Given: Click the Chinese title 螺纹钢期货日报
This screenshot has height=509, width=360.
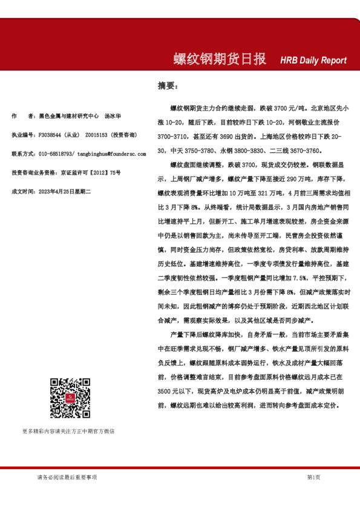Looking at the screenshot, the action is tap(220, 59).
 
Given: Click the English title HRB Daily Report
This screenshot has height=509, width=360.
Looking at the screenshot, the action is tap(313, 60).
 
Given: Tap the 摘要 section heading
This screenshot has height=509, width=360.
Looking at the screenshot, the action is tap(166, 85).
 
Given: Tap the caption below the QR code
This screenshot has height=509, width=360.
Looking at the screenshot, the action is tap(68, 431).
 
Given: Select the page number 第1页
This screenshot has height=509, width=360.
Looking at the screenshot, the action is tap(313, 478).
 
